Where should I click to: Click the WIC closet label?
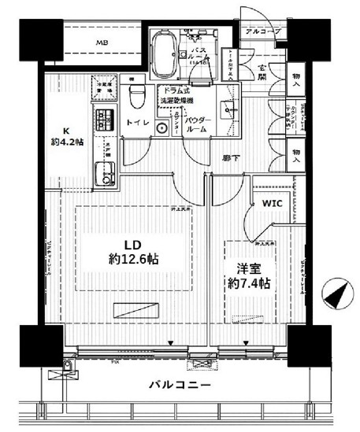click(271, 202)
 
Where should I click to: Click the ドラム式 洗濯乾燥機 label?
click(183, 97)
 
